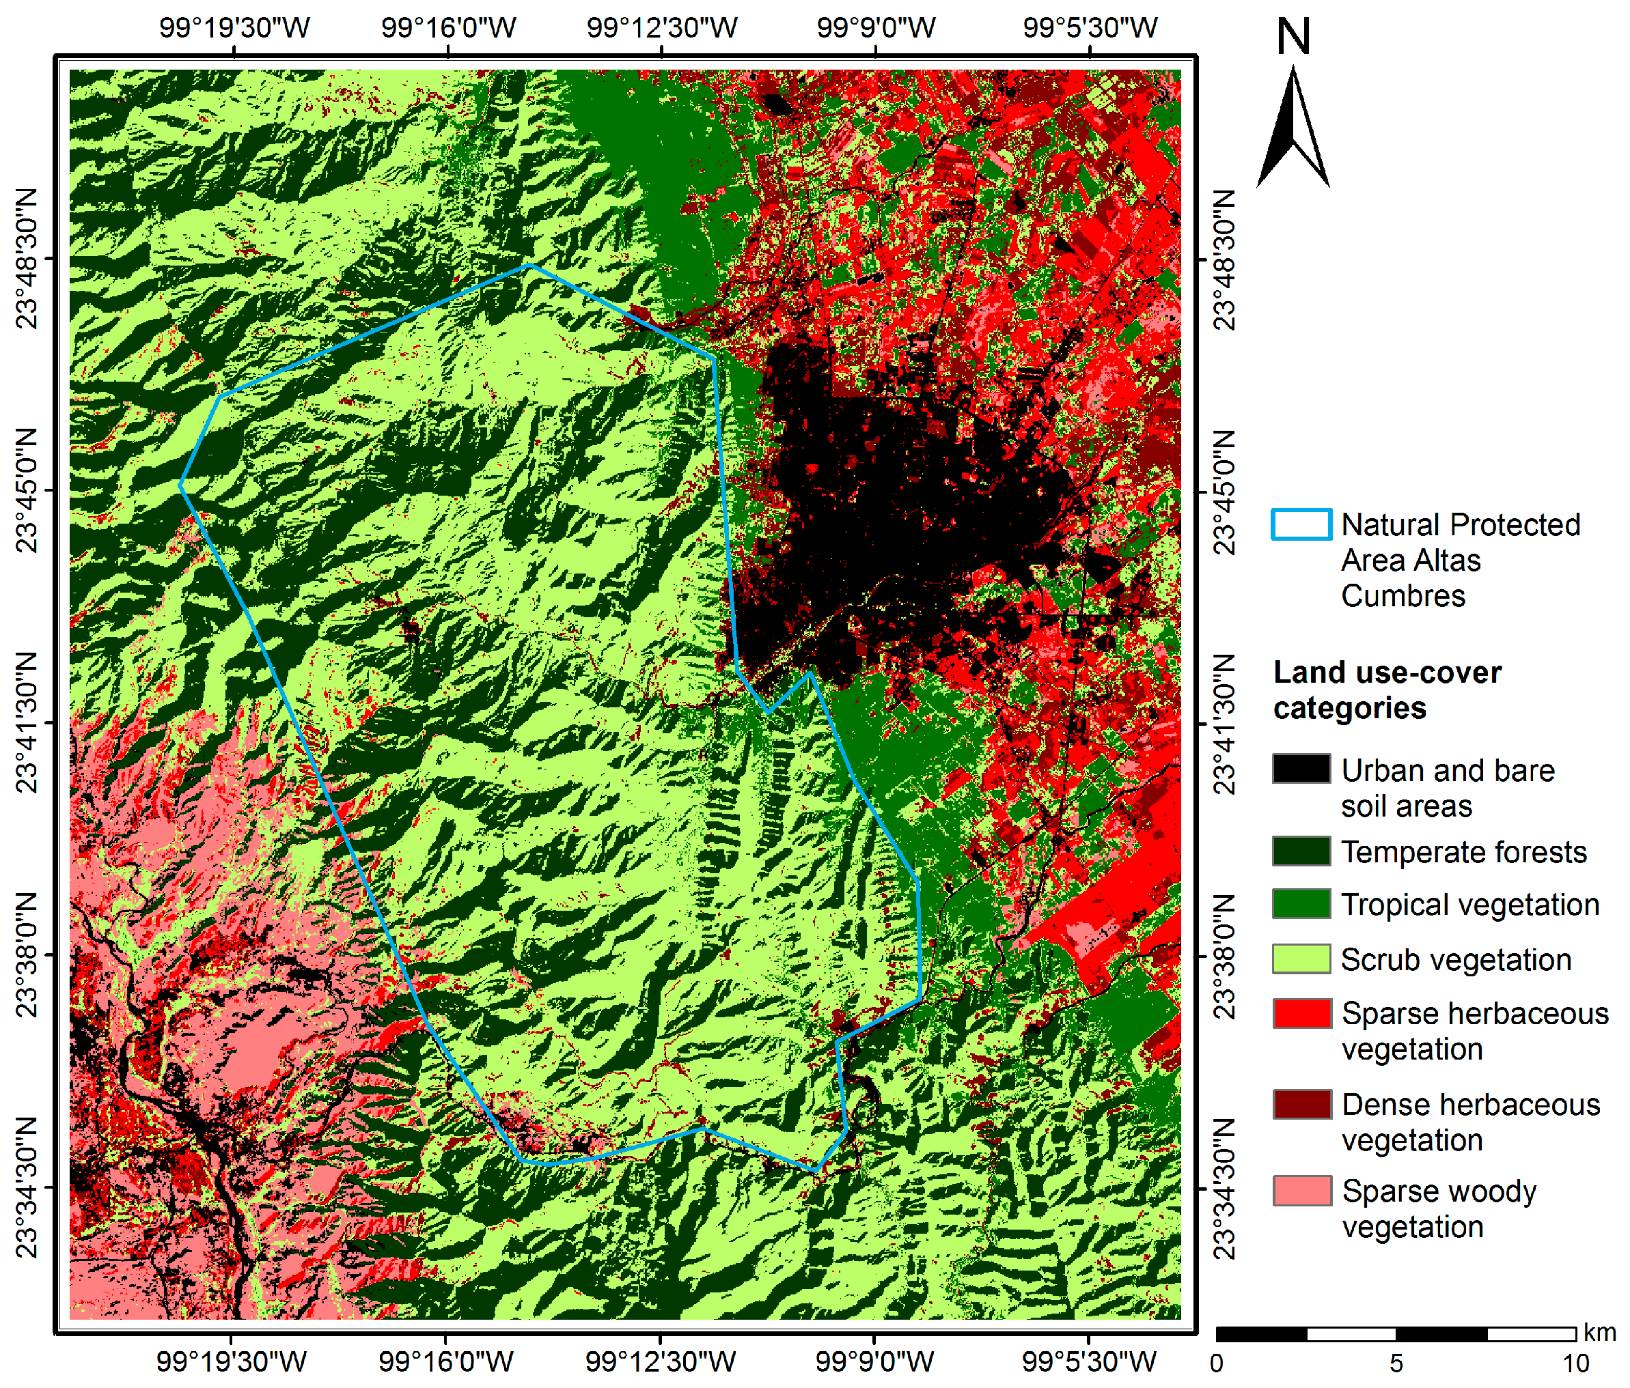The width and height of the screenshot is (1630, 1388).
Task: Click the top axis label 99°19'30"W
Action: click(234, 27)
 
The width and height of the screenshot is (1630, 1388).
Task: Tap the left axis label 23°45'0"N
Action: click(27, 491)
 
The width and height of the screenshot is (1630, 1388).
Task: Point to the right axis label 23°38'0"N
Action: click(1224, 957)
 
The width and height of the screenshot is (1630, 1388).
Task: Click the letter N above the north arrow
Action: click(1293, 37)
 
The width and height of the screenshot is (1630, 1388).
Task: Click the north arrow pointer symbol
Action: click(1293, 130)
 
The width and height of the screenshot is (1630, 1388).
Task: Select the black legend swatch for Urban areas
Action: click(1301, 768)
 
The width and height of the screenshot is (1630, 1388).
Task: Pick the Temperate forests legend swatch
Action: click(1301, 851)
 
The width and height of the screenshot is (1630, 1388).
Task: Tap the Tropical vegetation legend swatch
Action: click(1301, 903)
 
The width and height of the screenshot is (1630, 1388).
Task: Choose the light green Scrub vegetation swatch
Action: click(1301, 959)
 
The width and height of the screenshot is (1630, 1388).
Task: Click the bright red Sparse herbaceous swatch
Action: click(1301, 1013)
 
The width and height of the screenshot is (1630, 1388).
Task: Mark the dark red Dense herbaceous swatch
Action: click(1301, 1104)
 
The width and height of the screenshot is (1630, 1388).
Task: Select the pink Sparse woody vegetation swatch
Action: click(1301, 1191)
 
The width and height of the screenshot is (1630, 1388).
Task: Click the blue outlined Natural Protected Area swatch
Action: click(1301, 524)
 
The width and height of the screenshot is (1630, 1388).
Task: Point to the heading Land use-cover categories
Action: click(1386, 690)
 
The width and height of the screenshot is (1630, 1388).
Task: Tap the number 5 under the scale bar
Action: click(1396, 1363)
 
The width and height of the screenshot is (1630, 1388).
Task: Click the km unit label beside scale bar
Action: click(1599, 1332)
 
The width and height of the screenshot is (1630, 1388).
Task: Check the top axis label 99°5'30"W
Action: click(1090, 27)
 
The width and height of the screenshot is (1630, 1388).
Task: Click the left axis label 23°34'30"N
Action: click(27, 1187)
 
